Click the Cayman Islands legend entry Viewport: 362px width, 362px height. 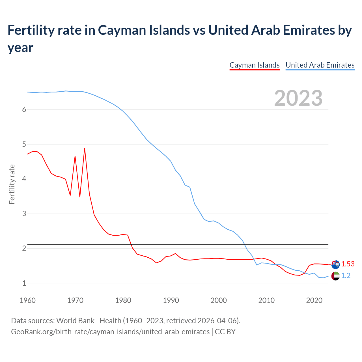(255, 65)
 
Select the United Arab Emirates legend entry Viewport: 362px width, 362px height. (320, 65)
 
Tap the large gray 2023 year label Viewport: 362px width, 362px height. (298, 98)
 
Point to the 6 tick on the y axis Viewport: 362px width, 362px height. (24, 110)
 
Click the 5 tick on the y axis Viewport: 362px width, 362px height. (24, 145)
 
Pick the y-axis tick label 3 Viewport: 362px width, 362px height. (24, 214)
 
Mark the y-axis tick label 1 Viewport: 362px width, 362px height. (24, 283)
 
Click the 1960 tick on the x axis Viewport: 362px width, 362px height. (27, 300)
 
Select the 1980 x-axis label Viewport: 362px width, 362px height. (123, 300)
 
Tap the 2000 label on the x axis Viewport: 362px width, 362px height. (219, 300)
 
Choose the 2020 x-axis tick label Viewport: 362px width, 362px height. (314, 300)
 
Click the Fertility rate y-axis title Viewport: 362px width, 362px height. (12, 184)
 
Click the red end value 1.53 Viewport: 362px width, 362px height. (348, 264)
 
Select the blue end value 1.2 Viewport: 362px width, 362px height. (346, 276)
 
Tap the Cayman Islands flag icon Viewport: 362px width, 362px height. (335, 264)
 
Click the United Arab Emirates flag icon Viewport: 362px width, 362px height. (335, 276)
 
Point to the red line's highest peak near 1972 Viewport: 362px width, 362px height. (85, 148)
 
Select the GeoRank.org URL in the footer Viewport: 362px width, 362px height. (110, 331)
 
